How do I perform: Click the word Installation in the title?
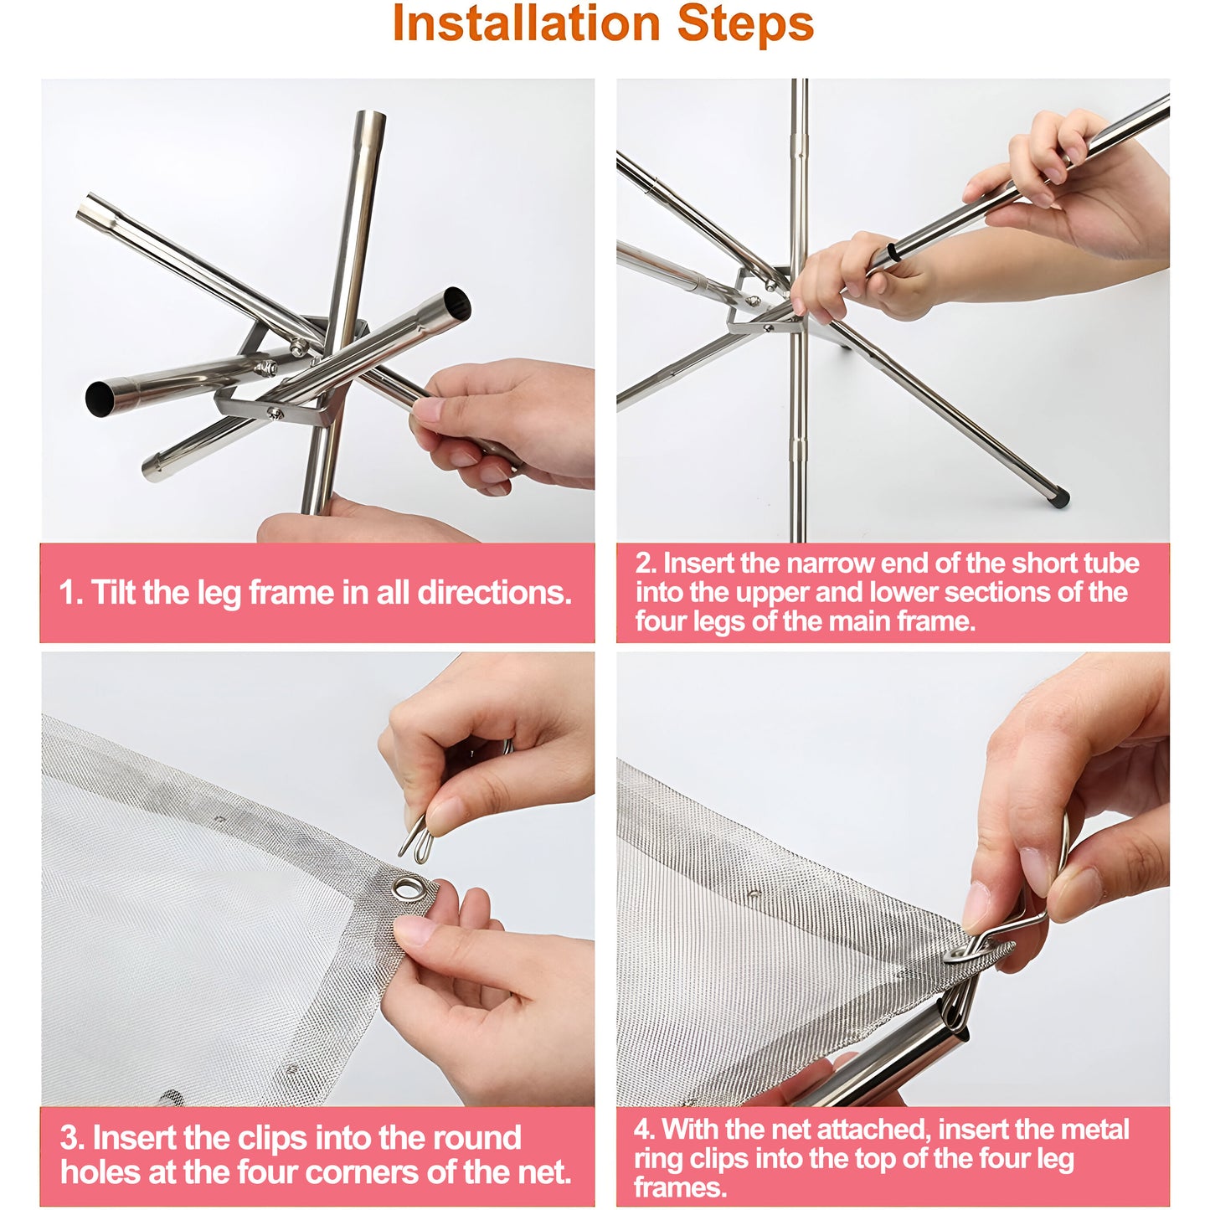[x=526, y=23]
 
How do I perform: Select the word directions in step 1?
[x=494, y=591]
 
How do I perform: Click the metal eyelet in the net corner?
[x=407, y=888]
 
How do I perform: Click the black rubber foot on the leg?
[x=1061, y=499]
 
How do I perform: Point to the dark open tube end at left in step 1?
[x=101, y=398]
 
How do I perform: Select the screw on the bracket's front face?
[x=275, y=413]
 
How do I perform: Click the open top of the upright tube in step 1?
[x=370, y=116]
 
